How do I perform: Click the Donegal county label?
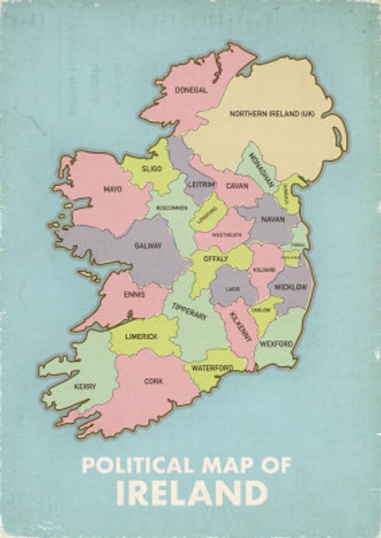tap(190, 89)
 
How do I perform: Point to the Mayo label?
tap(112, 189)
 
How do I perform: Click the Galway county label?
tap(148, 245)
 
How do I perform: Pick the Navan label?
tap(273, 219)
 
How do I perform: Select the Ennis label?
tap(135, 294)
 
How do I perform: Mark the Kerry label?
tap(85, 386)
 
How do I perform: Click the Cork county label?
tap(153, 381)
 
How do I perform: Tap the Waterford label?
tap(212, 368)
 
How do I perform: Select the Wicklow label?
tap(291, 287)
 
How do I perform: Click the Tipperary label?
tap(189, 311)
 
